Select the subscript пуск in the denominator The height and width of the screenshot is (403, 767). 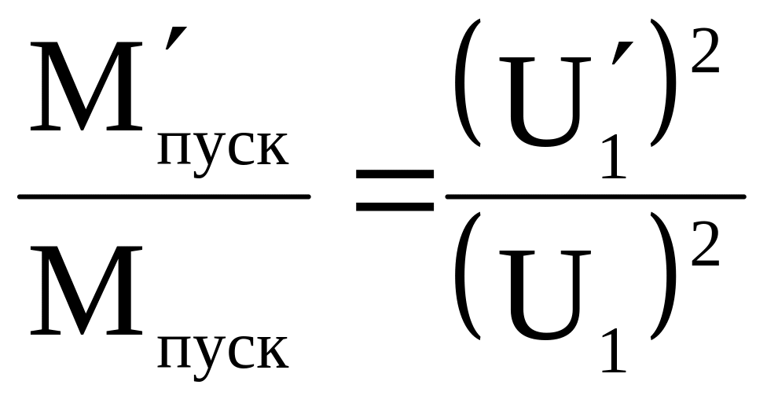click(x=222, y=351)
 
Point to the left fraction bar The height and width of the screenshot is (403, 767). click(x=163, y=196)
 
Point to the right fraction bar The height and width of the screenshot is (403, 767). click(x=595, y=196)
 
